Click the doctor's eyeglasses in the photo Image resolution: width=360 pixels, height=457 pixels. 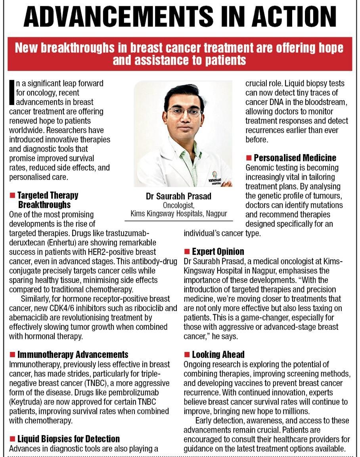184,111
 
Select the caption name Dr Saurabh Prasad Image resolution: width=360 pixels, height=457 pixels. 179,196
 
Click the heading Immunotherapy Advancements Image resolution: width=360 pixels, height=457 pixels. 73,354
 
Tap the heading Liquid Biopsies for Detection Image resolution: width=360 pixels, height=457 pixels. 68,439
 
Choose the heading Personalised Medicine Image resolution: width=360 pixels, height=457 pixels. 295,158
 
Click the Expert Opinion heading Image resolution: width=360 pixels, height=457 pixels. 218,252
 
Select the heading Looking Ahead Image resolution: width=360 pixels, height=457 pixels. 218,354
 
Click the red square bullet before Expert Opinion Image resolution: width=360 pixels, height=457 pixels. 187,252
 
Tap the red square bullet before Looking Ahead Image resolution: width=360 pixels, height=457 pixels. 187,354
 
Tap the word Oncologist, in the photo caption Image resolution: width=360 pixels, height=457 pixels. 179,205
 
